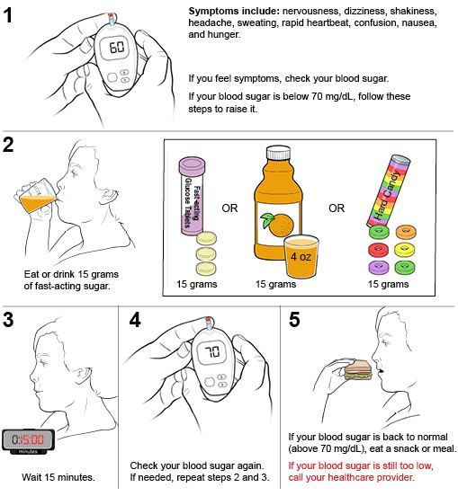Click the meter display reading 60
click(x=117, y=48)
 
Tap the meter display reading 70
click(x=212, y=352)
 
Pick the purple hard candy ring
click(x=378, y=267)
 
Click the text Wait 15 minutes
click(x=58, y=477)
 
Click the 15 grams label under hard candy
click(x=389, y=284)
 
